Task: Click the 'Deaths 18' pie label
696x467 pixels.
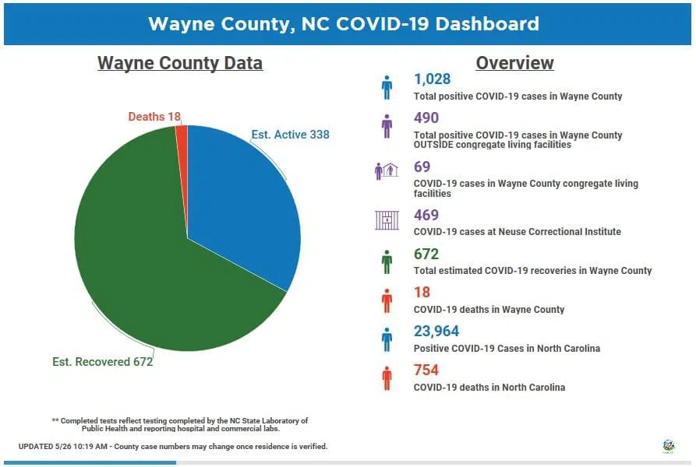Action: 154,117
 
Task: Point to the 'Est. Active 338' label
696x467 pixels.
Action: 290,135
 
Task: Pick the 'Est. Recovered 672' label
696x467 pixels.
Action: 102,362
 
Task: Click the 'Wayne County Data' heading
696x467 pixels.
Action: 180,63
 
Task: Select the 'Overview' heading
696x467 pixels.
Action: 514,63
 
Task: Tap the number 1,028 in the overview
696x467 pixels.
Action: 432,79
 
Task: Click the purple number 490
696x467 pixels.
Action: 426,118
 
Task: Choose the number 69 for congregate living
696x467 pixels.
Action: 422,167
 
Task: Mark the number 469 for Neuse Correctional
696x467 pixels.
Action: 426,215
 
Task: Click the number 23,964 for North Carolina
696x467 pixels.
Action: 436,332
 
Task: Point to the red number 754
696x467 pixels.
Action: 426,370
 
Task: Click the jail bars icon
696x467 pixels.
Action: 387,220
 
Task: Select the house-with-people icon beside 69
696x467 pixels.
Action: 387,171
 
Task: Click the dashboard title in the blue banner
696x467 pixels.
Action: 344,23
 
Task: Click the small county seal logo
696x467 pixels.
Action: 668,446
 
